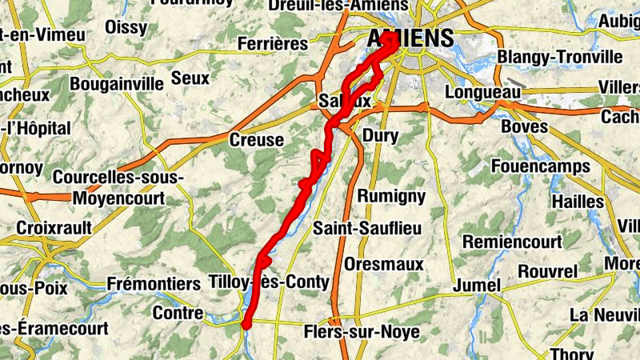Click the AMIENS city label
click(x=411, y=38)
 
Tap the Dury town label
click(x=380, y=136)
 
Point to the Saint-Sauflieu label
click(x=367, y=229)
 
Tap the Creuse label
click(x=256, y=140)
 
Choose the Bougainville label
click(x=117, y=83)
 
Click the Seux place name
click(x=190, y=78)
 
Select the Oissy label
click(x=126, y=28)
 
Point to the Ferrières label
click(x=272, y=44)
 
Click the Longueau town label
click(x=477, y=94)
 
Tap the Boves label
click(x=524, y=126)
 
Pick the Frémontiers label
click(x=154, y=284)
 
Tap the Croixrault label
click(x=54, y=227)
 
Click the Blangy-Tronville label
click(x=559, y=57)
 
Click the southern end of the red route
click(x=247, y=323)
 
